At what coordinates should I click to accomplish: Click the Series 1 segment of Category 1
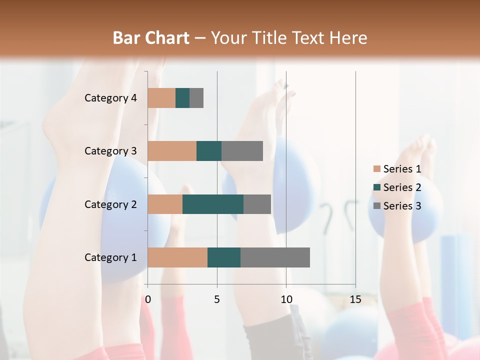point(177,257)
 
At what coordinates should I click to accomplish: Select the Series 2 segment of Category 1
point(224,257)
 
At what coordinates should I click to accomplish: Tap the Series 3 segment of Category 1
point(275,257)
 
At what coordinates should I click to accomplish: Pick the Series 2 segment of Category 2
point(213,204)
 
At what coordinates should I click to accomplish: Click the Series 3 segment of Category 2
point(257,204)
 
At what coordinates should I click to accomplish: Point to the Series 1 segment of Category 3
point(172,151)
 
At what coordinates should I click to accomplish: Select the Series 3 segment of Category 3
point(242,151)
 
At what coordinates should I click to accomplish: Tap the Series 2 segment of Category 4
point(182,98)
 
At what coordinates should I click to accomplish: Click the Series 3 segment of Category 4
point(196,98)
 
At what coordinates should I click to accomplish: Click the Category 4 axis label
point(110,98)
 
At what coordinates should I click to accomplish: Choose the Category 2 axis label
point(110,204)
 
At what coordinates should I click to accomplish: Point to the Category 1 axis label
point(110,257)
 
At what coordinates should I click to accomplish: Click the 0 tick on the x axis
point(148,299)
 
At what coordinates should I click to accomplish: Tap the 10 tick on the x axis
point(286,299)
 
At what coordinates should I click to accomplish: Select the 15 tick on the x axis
point(355,299)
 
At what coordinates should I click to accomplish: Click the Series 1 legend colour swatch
point(376,169)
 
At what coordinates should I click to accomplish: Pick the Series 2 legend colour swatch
point(376,187)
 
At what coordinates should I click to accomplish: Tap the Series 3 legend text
point(402,206)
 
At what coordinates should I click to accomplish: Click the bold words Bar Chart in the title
point(151,38)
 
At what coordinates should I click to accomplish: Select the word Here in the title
point(349,38)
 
